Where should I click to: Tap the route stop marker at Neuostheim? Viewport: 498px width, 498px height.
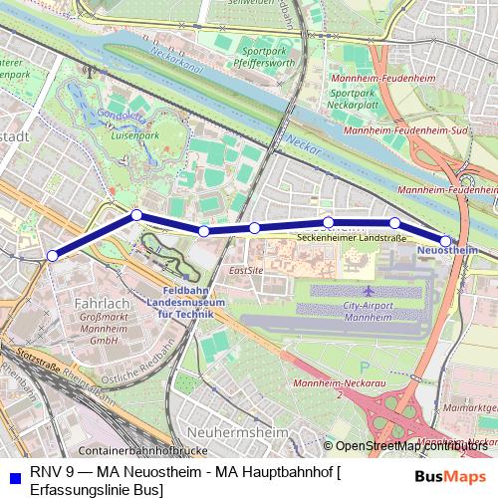[x=445, y=239]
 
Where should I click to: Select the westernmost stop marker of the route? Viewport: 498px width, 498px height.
[x=52, y=256]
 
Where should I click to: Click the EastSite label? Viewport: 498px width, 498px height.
[x=245, y=270]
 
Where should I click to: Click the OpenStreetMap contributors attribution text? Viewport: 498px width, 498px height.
[x=412, y=445]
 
